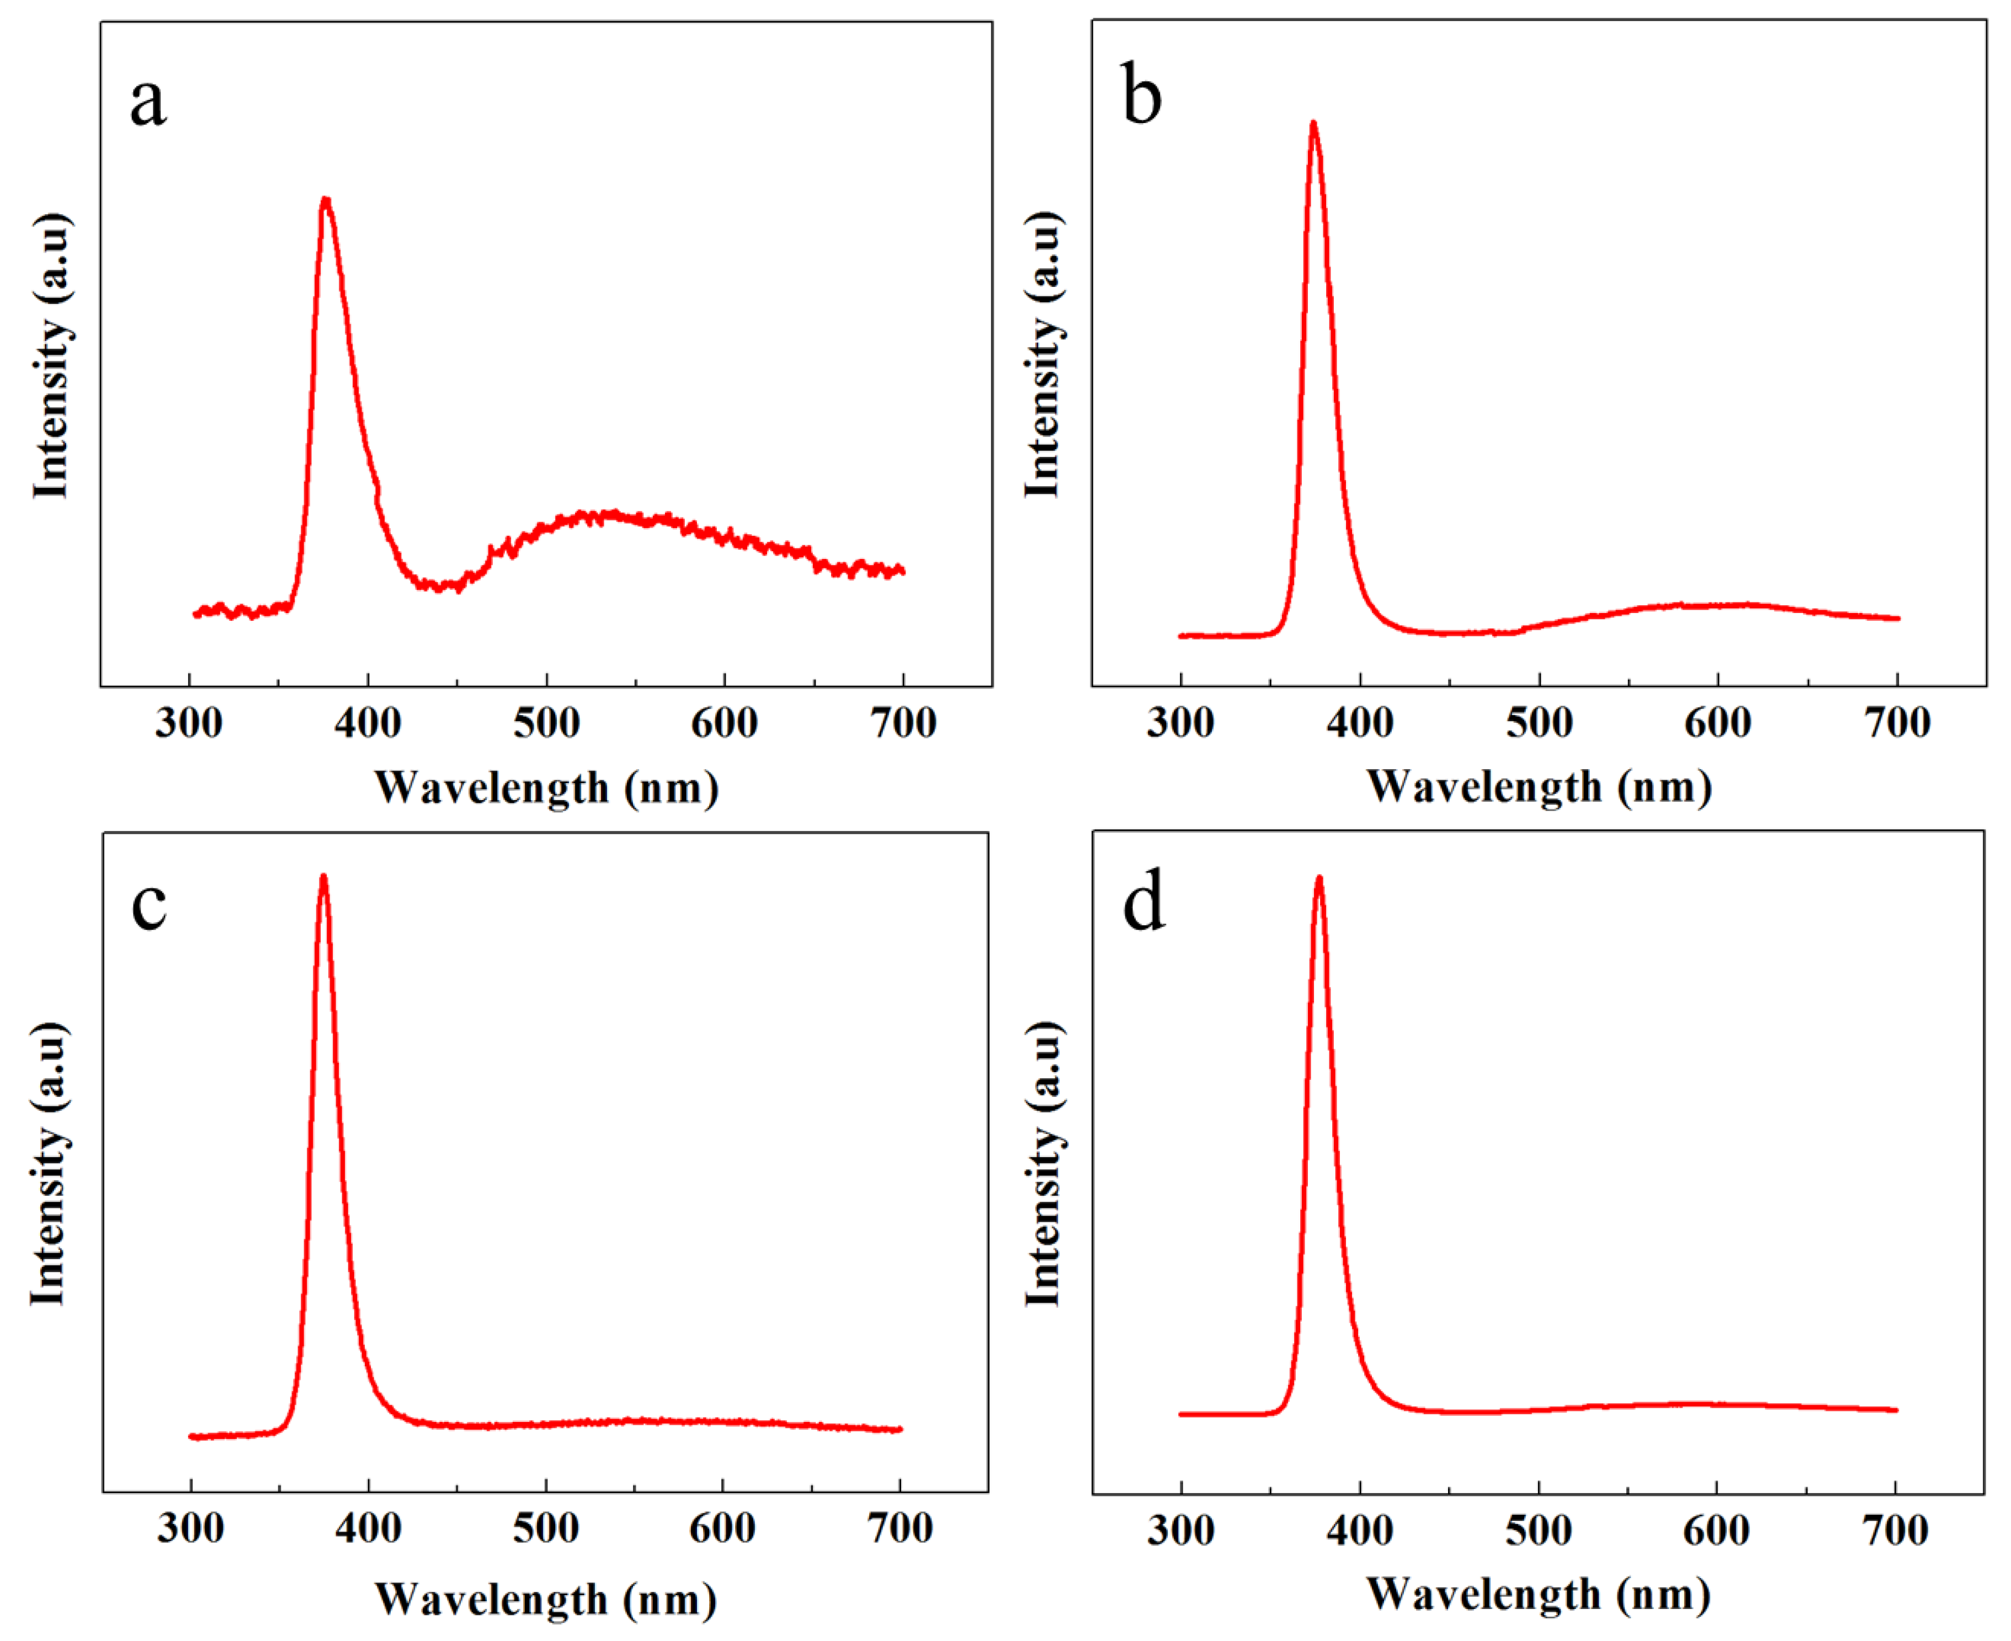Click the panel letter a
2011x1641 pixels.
pyautogui.click(x=148, y=101)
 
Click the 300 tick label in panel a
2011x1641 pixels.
pyautogui.click(x=189, y=724)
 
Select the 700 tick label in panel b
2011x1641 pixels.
pyautogui.click(x=1897, y=724)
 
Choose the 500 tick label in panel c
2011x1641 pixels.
pyautogui.click(x=546, y=1528)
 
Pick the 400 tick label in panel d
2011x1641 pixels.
pyautogui.click(x=1360, y=1531)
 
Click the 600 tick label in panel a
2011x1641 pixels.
pyautogui.click(x=724, y=724)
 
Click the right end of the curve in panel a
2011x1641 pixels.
pyautogui.click(x=903, y=571)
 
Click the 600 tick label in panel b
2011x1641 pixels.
pyautogui.click(x=1718, y=724)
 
